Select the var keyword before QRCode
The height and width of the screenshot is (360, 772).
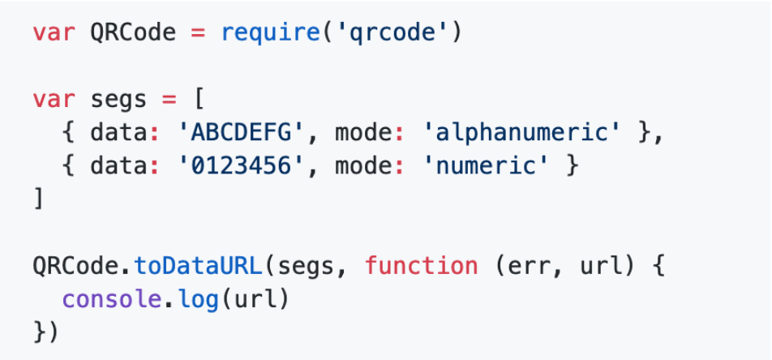click(x=54, y=34)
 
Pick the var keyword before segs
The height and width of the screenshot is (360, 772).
click(x=54, y=101)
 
